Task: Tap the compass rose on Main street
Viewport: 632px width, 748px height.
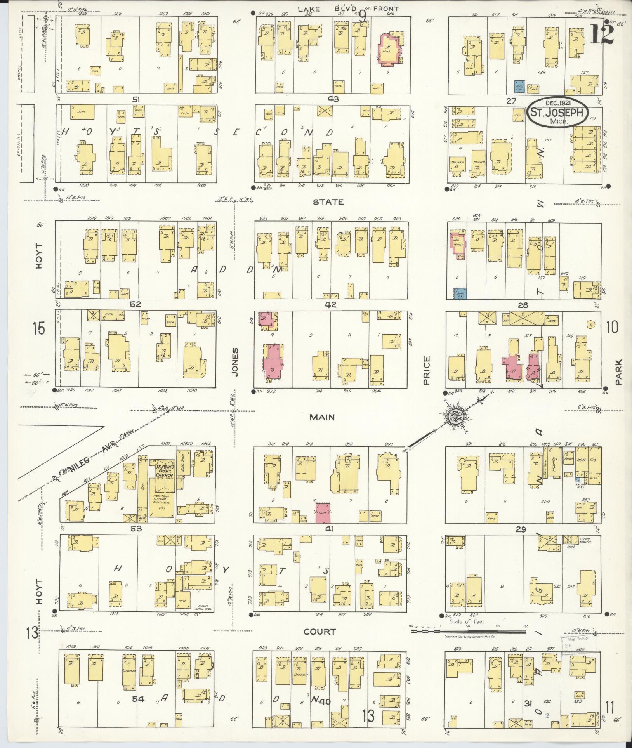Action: click(453, 417)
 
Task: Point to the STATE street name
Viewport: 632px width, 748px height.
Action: click(328, 202)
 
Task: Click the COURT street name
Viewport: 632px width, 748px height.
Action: click(319, 632)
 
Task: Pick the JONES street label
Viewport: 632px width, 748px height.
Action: click(235, 361)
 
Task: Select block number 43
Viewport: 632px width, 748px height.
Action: click(333, 99)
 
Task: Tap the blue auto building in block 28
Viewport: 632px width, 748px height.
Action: click(460, 293)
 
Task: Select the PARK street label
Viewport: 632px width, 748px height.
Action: click(618, 372)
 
